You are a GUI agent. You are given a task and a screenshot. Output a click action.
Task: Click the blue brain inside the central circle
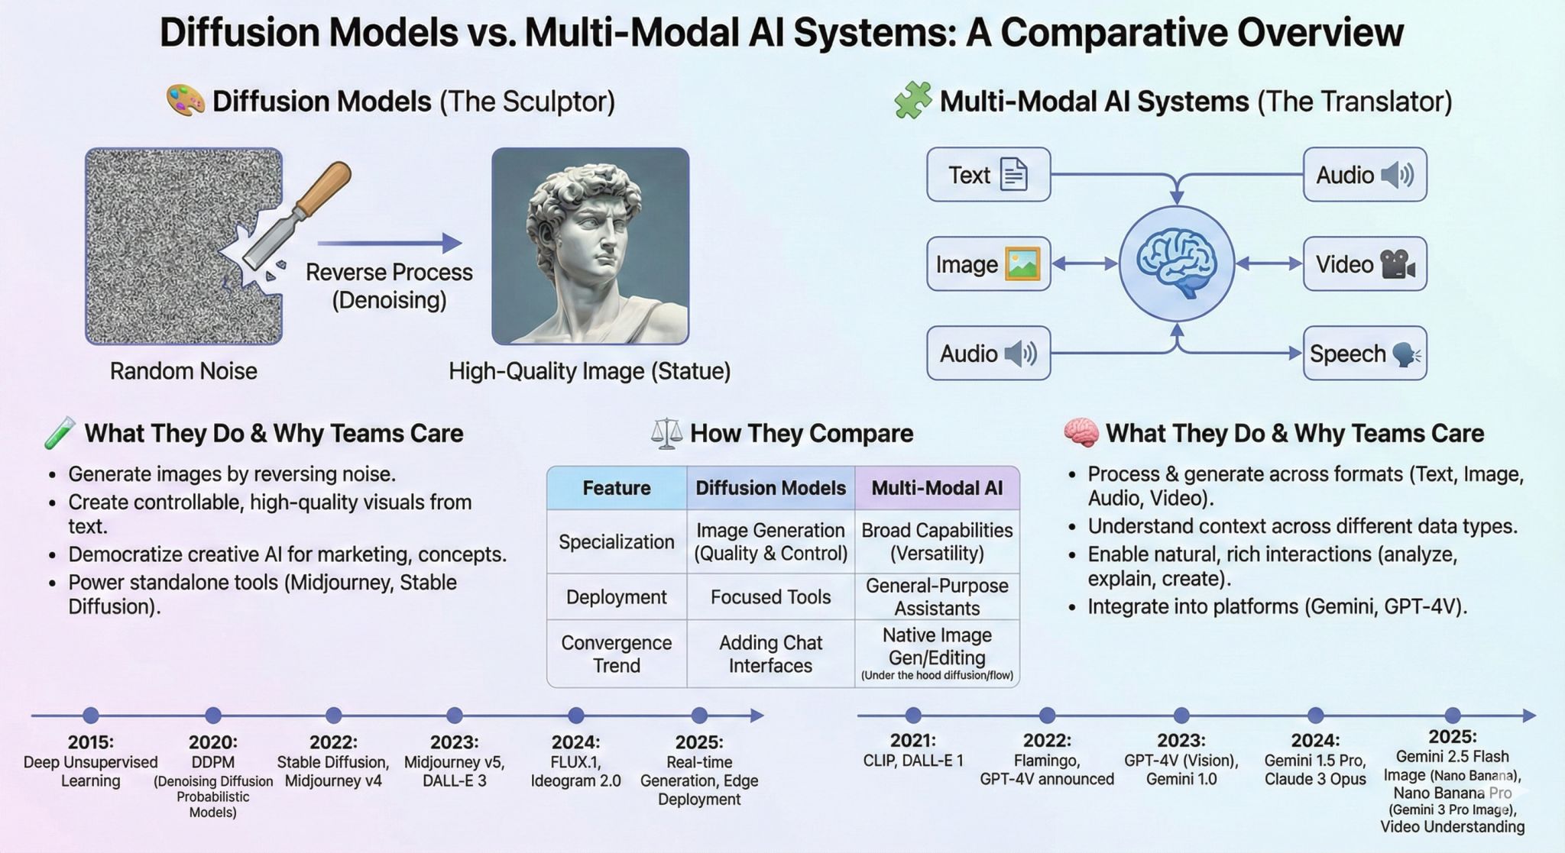(1176, 263)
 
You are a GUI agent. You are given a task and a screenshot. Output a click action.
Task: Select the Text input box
(988, 175)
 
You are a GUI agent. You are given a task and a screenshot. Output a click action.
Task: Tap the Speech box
(1364, 354)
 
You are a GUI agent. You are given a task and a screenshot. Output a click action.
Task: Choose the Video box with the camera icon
(1364, 264)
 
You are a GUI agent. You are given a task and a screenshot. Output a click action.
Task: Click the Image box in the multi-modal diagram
(988, 264)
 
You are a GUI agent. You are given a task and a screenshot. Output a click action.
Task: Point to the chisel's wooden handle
(323, 188)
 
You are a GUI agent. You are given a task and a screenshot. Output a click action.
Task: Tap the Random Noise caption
(183, 371)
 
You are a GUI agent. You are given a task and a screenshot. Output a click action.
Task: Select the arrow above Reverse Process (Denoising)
(389, 244)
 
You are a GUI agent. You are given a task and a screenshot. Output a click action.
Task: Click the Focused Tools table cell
(770, 597)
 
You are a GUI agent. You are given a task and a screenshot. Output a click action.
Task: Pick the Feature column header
(616, 488)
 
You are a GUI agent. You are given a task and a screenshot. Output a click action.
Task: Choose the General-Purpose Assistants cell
(937, 597)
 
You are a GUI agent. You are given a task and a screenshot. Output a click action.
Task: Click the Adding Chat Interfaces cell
(770, 654)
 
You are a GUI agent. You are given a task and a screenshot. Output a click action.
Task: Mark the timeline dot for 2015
(91, 716)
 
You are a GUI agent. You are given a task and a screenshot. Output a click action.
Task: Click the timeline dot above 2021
(913, 716)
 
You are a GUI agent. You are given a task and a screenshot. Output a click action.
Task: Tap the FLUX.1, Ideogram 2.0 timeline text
(575, 771)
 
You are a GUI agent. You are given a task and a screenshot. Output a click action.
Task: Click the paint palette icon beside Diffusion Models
(185, 101)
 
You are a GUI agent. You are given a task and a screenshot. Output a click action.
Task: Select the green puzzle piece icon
(912, 101)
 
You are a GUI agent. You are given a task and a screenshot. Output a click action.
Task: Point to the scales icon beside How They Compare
(666, 434)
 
